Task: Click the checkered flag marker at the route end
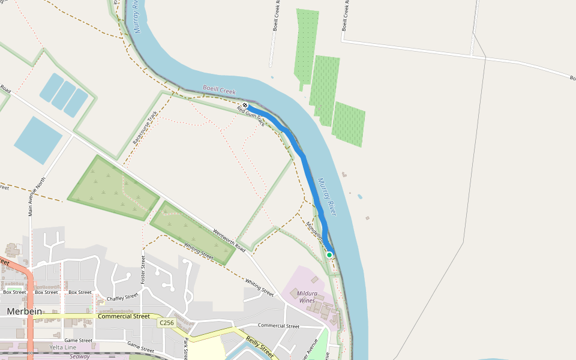pos(245,105)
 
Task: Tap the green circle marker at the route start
pos(329,255)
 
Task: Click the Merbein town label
pos(25,311)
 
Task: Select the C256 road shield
pos(166,323)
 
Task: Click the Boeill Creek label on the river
pos(219,90)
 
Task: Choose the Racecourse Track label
pos(145,128)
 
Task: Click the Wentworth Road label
pos(229,241)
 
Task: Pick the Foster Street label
pos(143,269)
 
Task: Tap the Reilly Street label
pos(260,347)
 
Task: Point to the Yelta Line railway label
pos(63,347)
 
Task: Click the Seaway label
pos(79,356)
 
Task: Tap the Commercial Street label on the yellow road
pos(124,316)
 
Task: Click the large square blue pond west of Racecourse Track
pos(38,140)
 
